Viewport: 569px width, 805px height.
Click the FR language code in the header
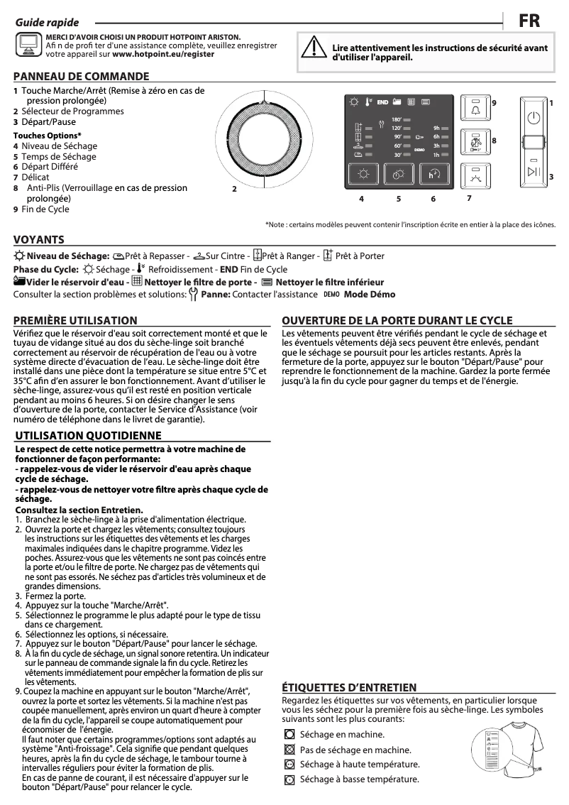529,21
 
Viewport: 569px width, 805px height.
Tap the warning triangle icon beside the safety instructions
311,47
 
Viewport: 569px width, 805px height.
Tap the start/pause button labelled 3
534,172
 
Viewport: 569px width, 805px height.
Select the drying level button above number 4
363,175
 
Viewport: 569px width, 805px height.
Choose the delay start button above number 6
434,175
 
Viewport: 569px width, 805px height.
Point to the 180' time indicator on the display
397,119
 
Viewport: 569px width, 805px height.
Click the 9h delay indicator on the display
436,128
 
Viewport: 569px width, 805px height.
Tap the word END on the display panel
383,102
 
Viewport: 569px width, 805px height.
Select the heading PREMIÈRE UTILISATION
75,321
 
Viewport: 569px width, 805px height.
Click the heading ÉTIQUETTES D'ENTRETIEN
349,687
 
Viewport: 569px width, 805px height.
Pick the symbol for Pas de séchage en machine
289,749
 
